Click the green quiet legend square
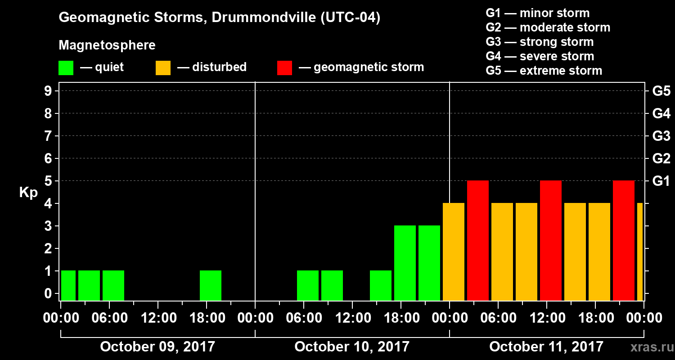click(66, 67)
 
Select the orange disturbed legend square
click(163, 67)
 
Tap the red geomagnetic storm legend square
click(284, 67)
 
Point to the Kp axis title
click(28, 193)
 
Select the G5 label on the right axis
click(661, 91)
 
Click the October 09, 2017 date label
click(157, 346)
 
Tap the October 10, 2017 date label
click(352, 346)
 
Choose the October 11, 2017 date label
click(546, 346)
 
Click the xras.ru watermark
click(649, 347)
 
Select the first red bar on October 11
click(478, 240)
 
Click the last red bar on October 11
click(624, 240)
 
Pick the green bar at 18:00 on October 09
click(211, 285)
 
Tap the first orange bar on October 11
click(454, 252)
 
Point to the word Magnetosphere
click(107, 45)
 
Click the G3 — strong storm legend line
click(540, 42)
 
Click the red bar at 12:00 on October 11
click(551, 240)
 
